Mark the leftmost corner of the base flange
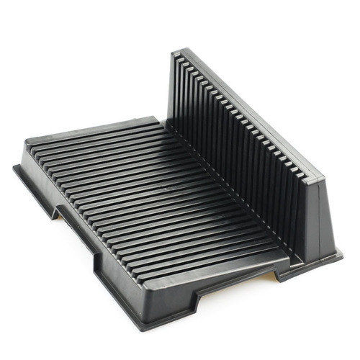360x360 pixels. point(14,167)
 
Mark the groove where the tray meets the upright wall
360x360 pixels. point(230,202)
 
